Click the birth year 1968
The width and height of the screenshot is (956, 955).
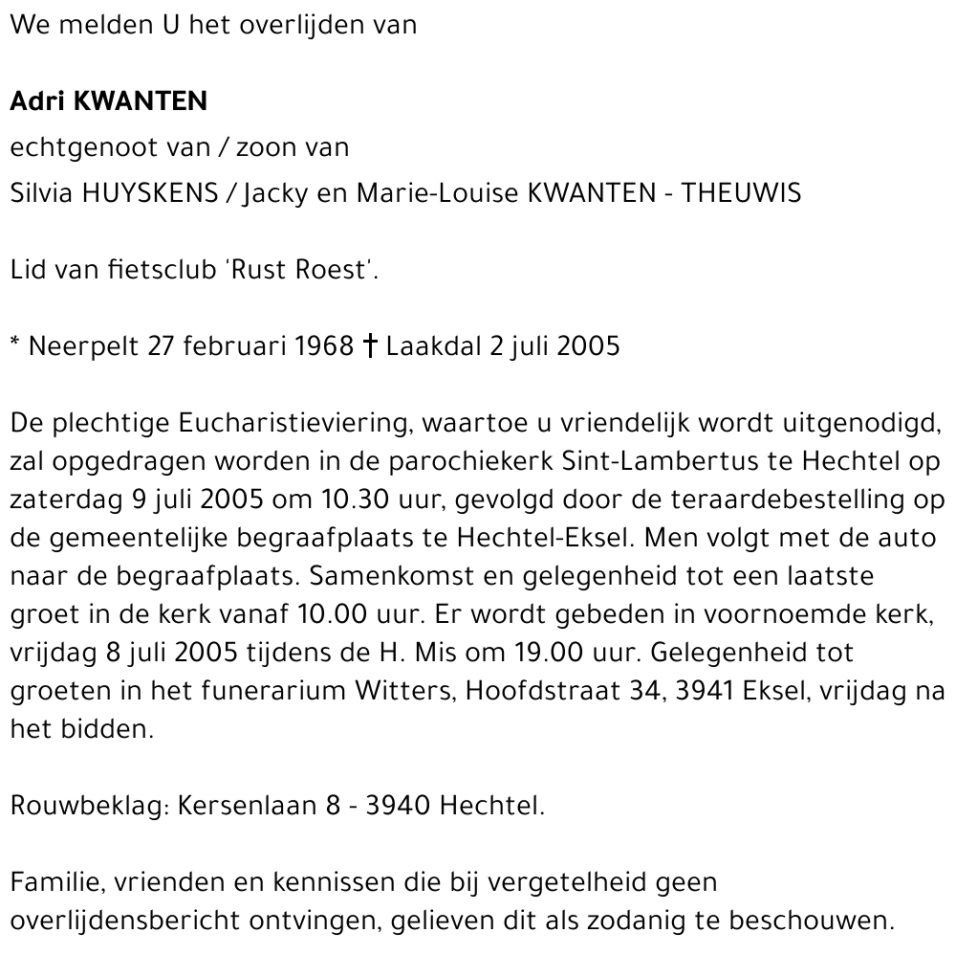tap(324, 345)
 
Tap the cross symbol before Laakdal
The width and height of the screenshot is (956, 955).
tap(371, 345)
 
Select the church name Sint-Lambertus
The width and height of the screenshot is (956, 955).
tap(661, 461)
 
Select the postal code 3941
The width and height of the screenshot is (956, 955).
tap(704, 692)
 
